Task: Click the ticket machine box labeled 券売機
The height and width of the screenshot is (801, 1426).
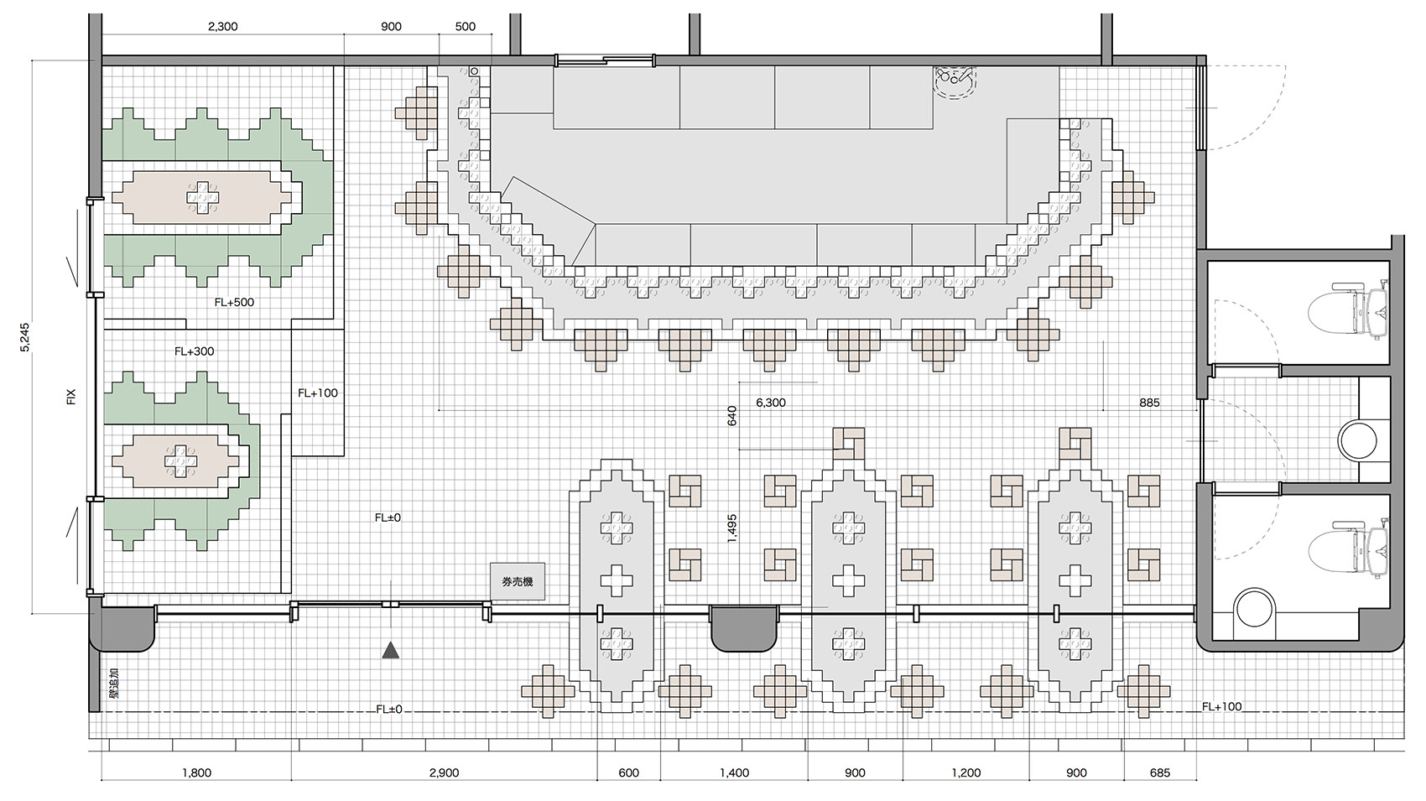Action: [518, 581]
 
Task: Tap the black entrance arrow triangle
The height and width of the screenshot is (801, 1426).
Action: [390, 650]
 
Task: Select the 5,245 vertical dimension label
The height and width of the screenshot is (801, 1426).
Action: [25, 337]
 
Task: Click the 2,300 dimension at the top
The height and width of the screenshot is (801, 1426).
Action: [223, 27]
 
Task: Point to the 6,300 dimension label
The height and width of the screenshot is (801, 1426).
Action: [771, 403]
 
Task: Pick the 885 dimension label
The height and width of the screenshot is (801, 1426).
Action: [1150, 403]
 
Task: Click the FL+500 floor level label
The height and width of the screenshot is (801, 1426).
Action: [234, 302]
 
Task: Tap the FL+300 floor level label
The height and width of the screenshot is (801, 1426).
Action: [194, 351]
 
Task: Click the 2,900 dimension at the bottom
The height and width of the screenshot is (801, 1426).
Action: [444, 773]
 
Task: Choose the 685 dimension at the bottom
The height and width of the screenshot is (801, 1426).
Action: [1160, 773]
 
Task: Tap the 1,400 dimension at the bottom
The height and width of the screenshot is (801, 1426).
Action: [734, 773]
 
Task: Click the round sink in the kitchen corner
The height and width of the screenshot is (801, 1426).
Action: [955, 81]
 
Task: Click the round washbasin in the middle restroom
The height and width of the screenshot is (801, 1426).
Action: [1357, 440]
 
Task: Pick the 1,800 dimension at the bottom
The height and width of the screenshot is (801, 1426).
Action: [197, 773]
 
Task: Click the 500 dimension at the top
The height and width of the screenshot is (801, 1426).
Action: [466, 27]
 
